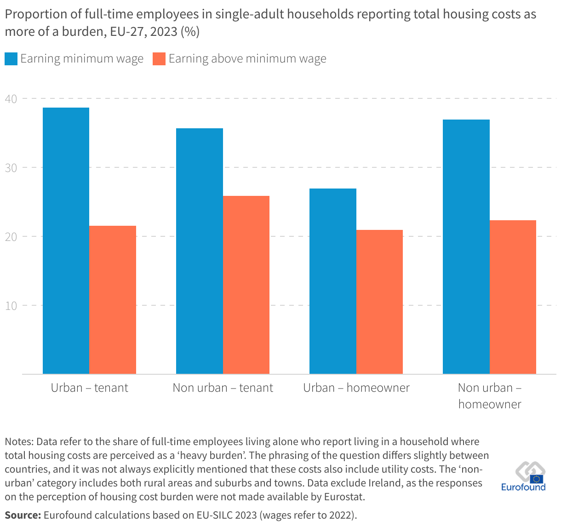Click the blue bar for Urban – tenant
tap(66, 240)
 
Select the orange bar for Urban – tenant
tap(113, 300)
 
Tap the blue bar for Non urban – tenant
tap(200, 251)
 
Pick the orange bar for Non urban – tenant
tap(246, 285)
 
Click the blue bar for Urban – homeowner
tap(333, 281)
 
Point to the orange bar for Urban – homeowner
tap(380, 302)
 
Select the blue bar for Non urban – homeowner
tap(466, 246)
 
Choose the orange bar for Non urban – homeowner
tap(513, 297)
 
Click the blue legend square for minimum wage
tap(11, 59)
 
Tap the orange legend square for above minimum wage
tap(159, 59)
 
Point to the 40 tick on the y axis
tap(11, 99)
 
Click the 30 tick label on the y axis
tap(11, 168)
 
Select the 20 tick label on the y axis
tap(11, 237)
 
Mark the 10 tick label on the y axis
tap(11, 306)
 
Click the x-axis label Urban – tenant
tap(90, 388)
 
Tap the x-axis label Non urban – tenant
tap(223, 388)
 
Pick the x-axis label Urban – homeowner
tap(356, 388)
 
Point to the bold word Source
tap(22, 515)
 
